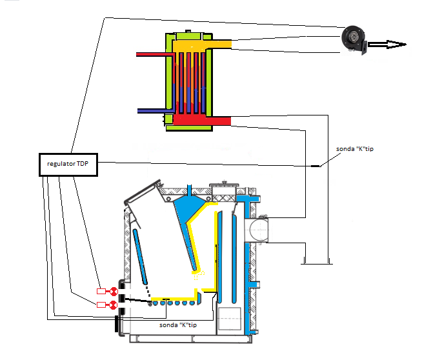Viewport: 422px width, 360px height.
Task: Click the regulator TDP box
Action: (x=68, y=165)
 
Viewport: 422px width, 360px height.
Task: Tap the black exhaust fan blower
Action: (x=354, y=40)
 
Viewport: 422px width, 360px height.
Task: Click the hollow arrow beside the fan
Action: (x=387, y=45)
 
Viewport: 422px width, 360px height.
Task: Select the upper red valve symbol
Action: (x=114, y=291)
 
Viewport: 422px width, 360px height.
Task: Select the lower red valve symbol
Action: (x=114, y=305)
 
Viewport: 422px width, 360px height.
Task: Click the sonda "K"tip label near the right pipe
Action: (x=355, y=149)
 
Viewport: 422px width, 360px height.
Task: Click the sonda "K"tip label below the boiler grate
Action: (x=178, y=325)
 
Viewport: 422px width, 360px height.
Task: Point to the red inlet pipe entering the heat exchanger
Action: (x=156, y=55)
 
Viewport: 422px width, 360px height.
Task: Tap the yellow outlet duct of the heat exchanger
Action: (x=202, y=45)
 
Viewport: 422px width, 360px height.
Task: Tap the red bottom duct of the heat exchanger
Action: (x=202, y=120)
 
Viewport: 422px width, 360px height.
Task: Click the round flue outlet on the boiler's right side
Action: (x=256, y=230)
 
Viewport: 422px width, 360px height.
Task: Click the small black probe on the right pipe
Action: (x=316, y=166)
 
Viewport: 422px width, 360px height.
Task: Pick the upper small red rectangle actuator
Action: (x=101, y=291)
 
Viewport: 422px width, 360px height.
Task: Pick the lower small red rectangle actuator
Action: (x=101, y=305)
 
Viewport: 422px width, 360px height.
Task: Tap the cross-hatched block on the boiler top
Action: (x=224, y=199)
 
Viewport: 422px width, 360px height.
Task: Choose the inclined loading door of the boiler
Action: (x=142, y=192)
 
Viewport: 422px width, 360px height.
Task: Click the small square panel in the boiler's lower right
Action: (x=229, y=319)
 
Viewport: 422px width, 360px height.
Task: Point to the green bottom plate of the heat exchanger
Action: (x=190, y=128)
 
